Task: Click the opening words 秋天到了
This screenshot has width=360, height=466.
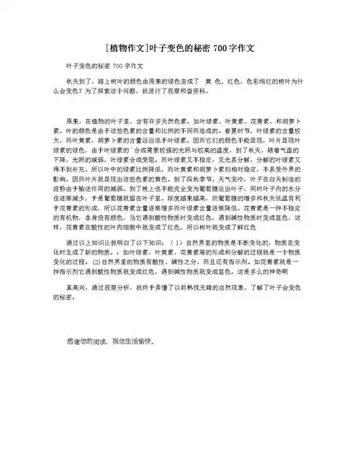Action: [x=80, y=84]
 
